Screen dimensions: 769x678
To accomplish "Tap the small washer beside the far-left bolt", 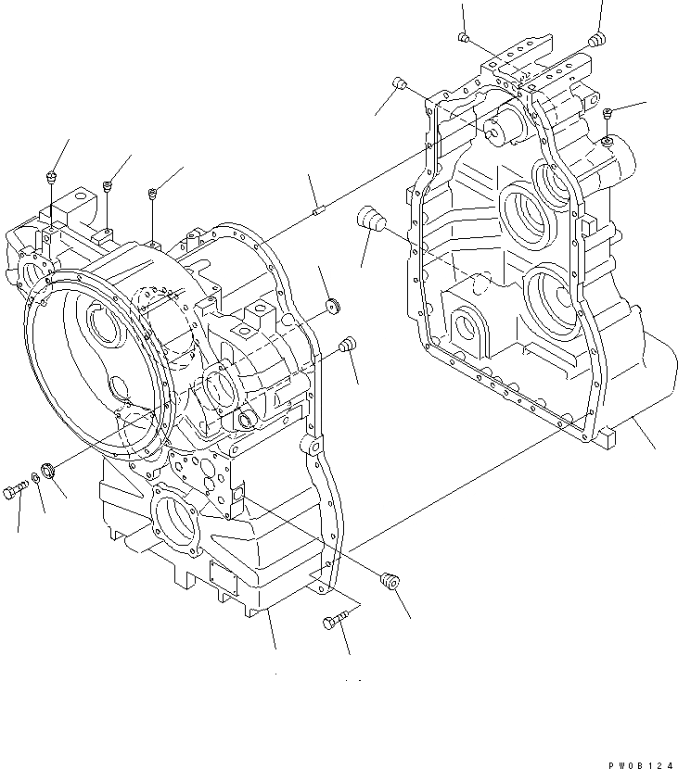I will [36, 478].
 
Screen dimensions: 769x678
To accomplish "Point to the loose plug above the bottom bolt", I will [390, 581].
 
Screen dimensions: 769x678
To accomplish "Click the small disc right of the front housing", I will [332, 306].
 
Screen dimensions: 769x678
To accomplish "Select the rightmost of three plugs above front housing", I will [152, 194].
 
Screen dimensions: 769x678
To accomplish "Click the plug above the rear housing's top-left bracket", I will [464, 37].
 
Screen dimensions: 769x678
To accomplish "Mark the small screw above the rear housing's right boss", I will [607, 113].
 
